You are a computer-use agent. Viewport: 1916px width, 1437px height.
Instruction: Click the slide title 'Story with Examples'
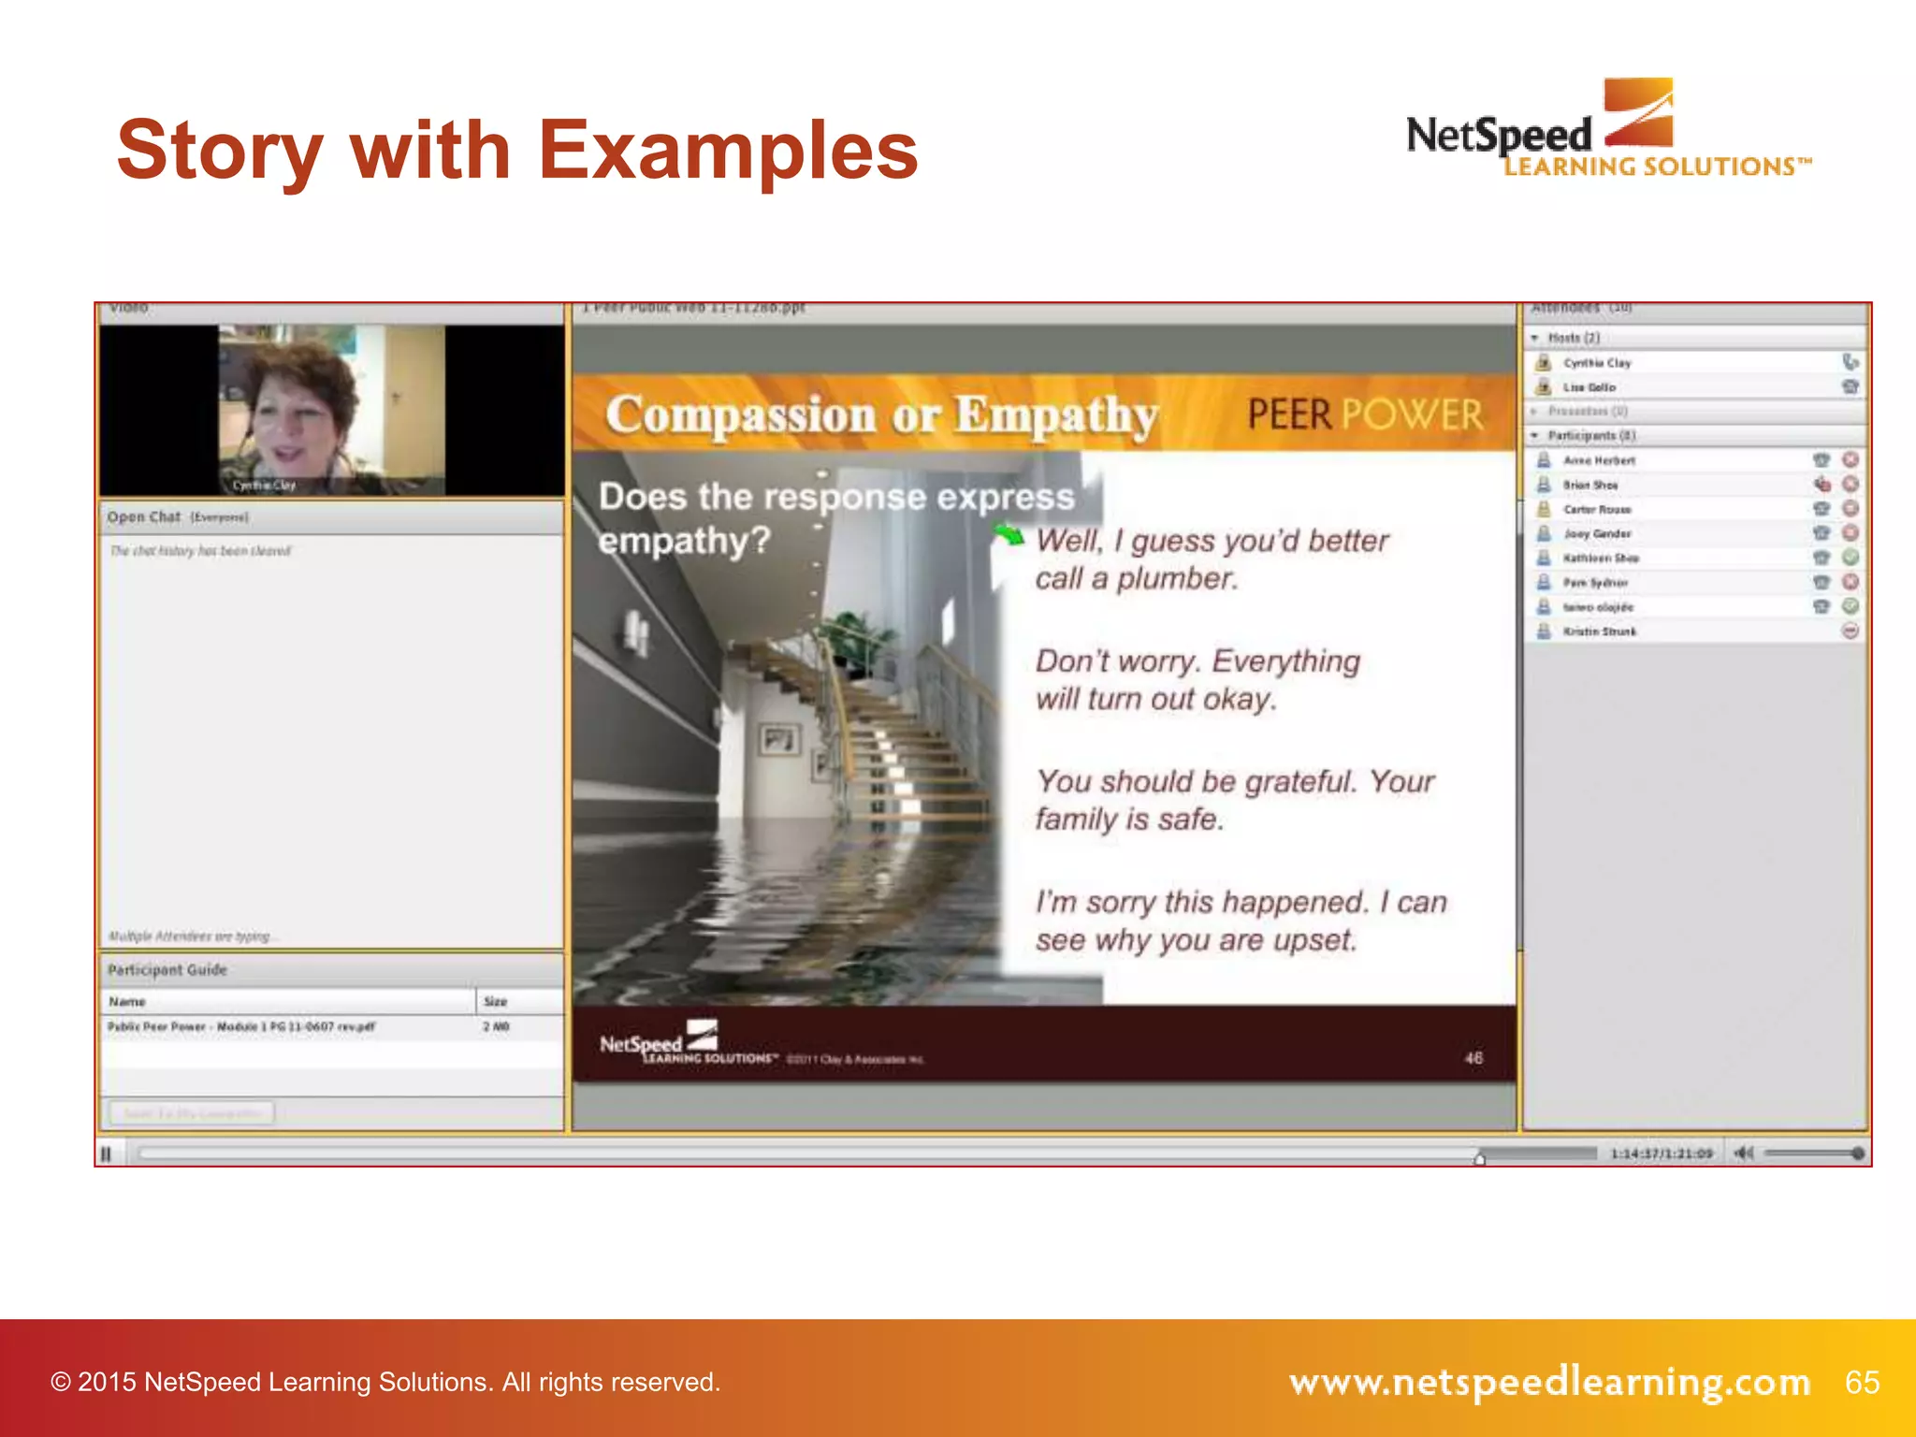click(517, 152)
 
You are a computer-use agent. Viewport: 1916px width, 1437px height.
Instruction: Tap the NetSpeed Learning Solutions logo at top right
click(1607, 131)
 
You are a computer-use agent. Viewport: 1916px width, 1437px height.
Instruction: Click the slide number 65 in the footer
click(1862, 1382)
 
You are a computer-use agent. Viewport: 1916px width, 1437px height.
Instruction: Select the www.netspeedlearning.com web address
click(1549, 1382)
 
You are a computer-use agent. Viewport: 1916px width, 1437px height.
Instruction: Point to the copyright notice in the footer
click(385, 1382)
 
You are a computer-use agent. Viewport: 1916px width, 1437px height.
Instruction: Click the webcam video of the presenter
click(331, 410)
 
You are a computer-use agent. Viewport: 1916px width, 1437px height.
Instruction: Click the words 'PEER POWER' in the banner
click(1365, 414)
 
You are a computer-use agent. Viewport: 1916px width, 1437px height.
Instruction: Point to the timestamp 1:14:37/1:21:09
click(1661, 1154)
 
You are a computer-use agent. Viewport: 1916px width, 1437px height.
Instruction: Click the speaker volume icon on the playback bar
click(1743, 1154)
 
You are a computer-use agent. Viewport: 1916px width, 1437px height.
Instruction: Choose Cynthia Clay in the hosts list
click(1597, 363)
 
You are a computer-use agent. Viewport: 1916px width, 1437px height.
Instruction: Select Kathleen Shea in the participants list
click(1601, 559)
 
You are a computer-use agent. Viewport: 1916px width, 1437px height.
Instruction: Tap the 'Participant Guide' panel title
click(167, 970)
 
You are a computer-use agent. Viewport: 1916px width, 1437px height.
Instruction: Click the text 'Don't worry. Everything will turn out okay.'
click(1197, 680)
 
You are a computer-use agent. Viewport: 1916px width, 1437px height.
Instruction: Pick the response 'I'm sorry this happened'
click(1241, 921)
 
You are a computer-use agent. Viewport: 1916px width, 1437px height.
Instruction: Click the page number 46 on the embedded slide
click(1473, 1058)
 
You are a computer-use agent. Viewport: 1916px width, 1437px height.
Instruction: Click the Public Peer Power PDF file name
click(241, 1027)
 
